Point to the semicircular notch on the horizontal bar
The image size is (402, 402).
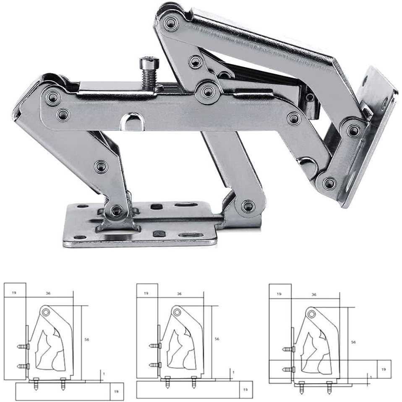(x=133, y=122)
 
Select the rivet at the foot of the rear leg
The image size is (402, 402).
(x=248, y=206)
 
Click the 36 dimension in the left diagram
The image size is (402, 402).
(x=48, y=293)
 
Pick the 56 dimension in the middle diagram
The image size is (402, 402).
(x=217, y=338)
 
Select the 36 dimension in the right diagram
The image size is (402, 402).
(x=314, y=295)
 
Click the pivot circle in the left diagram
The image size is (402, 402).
(x=46, y=312)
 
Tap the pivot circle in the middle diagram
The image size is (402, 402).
(x=177, y=312)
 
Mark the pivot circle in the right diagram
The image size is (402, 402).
(x=311, y=313)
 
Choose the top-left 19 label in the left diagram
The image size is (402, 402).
(x=14, y=292)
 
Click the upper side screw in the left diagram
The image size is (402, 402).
(x=23, y=347)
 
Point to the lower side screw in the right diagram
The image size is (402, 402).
(x=288, y=369)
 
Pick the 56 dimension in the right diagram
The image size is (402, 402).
(x=353, y=342)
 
